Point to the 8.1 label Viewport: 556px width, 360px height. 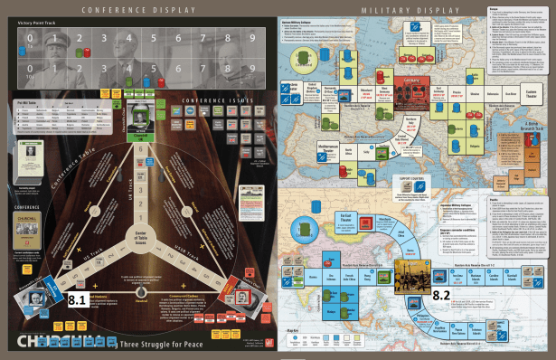point(77,296)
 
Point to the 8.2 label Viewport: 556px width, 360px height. point(440,295)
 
